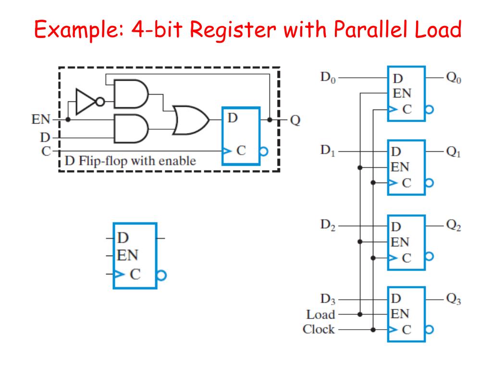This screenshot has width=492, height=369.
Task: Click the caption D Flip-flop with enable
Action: [130, 160]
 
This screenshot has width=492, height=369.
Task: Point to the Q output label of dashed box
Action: [295, 120]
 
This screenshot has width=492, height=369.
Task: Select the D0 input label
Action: [328, 77]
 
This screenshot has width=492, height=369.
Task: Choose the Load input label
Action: [320, 315]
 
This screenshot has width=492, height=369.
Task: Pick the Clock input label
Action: [319, 330]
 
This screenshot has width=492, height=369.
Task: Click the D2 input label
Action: [328, 225]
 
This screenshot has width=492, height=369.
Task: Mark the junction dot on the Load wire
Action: [360, 315]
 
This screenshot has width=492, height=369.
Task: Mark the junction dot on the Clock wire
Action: [373, 330]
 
